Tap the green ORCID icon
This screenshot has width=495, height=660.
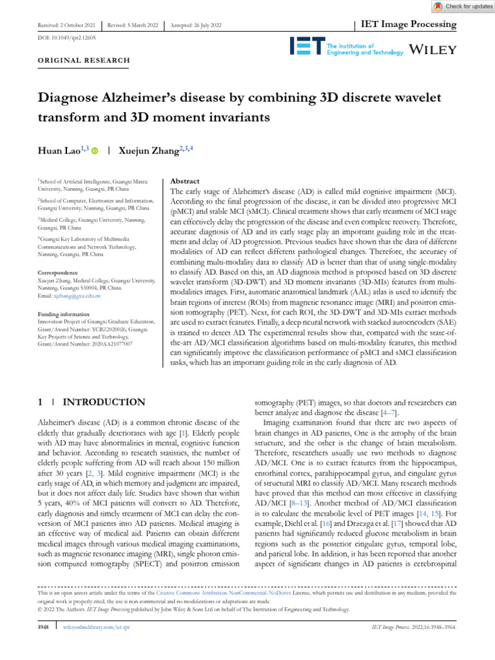coord(95,151)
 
